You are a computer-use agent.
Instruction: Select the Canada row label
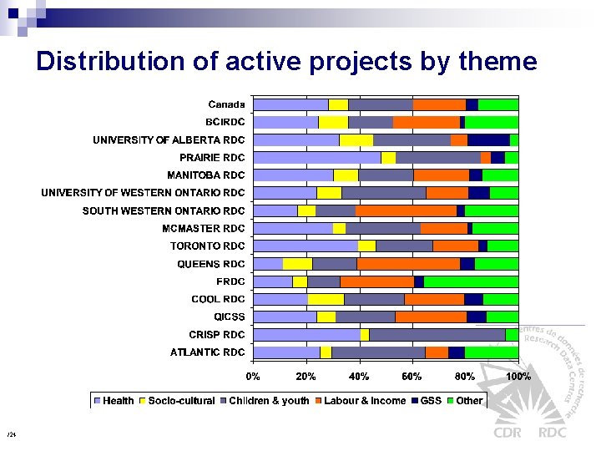coord(226,104)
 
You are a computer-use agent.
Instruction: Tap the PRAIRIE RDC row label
coord(212,157)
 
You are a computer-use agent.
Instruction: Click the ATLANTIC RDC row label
coord(207,352)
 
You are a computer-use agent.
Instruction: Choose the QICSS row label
coord(229,317)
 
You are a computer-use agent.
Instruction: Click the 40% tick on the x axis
coord(359,377)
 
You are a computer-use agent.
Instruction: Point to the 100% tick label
coord(518,377)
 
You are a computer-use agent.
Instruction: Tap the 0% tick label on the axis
coord(254,377)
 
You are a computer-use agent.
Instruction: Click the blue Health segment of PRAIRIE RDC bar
coord(317,158)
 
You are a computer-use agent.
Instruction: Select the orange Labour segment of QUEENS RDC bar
coord(408,264)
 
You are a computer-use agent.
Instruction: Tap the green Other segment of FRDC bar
coord(471,281)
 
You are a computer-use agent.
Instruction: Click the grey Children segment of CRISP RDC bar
coord(437,334)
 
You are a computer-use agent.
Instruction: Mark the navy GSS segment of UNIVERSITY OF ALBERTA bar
coord(488,140)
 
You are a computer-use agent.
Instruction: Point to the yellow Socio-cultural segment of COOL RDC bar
coord(326,299)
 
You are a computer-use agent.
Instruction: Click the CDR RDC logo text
coord(530,433)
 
